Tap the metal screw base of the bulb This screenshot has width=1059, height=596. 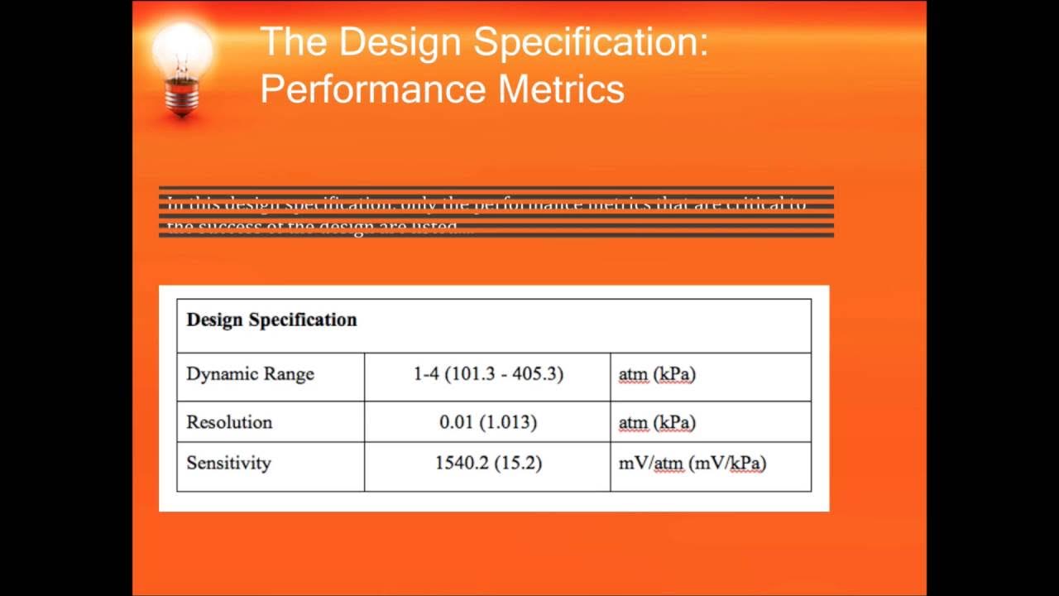(x=181, y=98)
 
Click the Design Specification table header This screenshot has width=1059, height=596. (x=271, y=320)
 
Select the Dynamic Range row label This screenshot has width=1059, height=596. (x=250, y=374)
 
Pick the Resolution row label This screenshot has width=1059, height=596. (x=229, y=422)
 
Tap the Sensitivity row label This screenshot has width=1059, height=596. (x=228, y=463)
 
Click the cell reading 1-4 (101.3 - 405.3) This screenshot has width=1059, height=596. (x=488, y=374)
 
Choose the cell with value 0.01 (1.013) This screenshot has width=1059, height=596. (x=488, y=422)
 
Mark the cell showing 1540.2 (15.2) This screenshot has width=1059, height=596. (x=488, y=463)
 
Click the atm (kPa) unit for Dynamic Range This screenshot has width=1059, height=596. (x=657, y=374)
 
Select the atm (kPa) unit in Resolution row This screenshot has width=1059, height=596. (x=657, y=422)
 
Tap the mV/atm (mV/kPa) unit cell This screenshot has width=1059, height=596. (x=692, y=463)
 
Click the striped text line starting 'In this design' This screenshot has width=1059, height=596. (x=486, y=203)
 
